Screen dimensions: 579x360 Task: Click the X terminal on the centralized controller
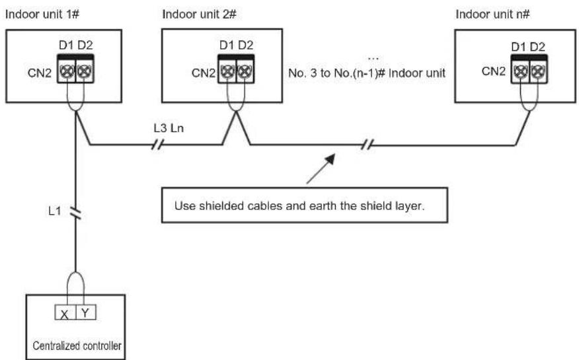pyautogui.click(x=65, y=312)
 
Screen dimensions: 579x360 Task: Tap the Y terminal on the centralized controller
pyautogui.click(x=86, y=312)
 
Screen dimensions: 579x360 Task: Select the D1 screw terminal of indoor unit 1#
pyautogui.click(x=67, y=71)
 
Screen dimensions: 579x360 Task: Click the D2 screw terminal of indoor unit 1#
pyautogui.click(x=85, y=71)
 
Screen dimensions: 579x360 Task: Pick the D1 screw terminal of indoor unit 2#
pyautogui.click(x=227, y=71)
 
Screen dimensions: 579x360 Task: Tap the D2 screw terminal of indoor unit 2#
pyautogui.click(x=245, y=71)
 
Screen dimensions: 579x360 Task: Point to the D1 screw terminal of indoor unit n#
pyautogui.click(x=520, y=71)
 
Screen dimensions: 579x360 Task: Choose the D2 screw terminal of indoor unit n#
pyautogui.click(x=538, y=71)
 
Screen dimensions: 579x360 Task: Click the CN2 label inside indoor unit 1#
pyautogui.click(x=40, y=73)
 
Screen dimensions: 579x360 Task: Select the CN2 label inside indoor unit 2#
pyautogui.click(x=204, y=73)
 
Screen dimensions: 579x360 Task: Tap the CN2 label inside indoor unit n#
pyautogui.click(x=493, y=71)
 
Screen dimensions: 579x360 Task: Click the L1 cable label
pyautogui.click(x=55, y=211)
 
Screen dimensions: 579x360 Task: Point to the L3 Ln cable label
pyautogui.click(x=169, y=128)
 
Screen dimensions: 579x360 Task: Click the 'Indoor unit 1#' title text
pyautogui.click(x=42, y=15)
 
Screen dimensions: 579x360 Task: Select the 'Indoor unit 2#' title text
pyautogui.click(x=199, y=15)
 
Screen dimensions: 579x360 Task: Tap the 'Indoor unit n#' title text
pyautogui.click(x=492, y=15)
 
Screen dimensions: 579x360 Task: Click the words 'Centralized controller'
pyautogui.click(x=77, y=345)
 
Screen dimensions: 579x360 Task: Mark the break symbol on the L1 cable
pyautogui.click(x=76, y=213)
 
